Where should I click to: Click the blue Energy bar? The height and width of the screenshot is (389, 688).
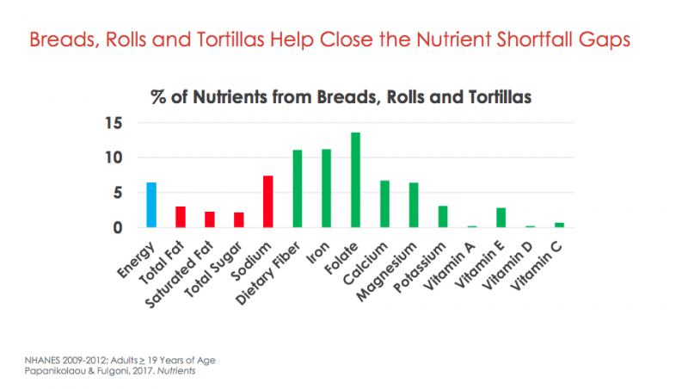coord(151,205)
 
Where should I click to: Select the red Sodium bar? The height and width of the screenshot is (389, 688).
coord(267,201)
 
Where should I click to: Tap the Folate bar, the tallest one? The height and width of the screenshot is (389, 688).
coord(355,180)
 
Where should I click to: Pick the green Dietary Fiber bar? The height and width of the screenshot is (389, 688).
coord(298,188)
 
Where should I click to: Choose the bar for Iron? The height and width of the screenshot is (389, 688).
coord(326,188)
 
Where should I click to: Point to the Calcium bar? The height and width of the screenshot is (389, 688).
coord(384,204)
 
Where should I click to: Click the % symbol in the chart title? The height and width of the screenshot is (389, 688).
coord(159,97)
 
